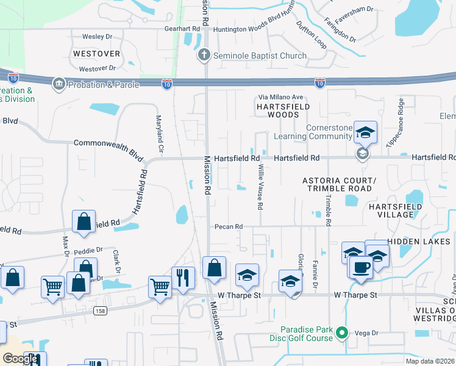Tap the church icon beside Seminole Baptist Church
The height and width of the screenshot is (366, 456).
pyautogui.click(x=204, y=56)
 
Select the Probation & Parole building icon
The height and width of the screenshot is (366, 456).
pyautogui.click(x=59, y=84)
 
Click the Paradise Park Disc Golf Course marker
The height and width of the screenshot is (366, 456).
pyautogui.click(x=342, y=333)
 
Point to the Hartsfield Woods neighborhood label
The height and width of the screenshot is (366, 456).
pyautogui.click(x=283, y=110)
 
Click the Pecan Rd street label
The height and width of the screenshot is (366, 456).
pyautogui.click(x=229, y=226)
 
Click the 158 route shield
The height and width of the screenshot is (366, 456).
pyautogui.click(x=97, y=311)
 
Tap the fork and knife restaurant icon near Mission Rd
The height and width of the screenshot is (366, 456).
pyautogui.click(x=183, y=276)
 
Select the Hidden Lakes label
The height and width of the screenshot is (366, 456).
pyautogui.click(x=419, y=242)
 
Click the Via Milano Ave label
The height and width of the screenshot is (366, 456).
pyautogui.click(x=281, y=97)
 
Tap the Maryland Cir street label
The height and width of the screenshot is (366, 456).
pyautogui.click(x=160, y=134)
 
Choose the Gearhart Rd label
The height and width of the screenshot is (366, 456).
pyautogui.click(x=182, y=29)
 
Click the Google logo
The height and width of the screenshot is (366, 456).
pyautogui.click(x=20, y=359)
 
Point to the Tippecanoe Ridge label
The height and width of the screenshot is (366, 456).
pyautogui.click(x=394, y=121)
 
